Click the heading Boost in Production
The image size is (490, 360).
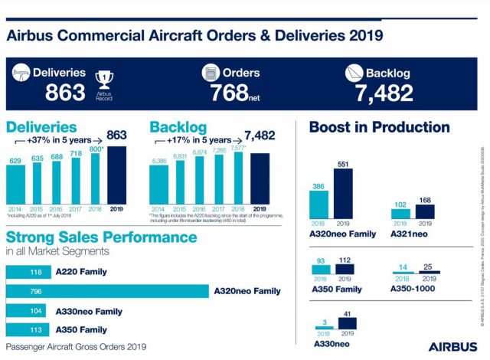point(378,127)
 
